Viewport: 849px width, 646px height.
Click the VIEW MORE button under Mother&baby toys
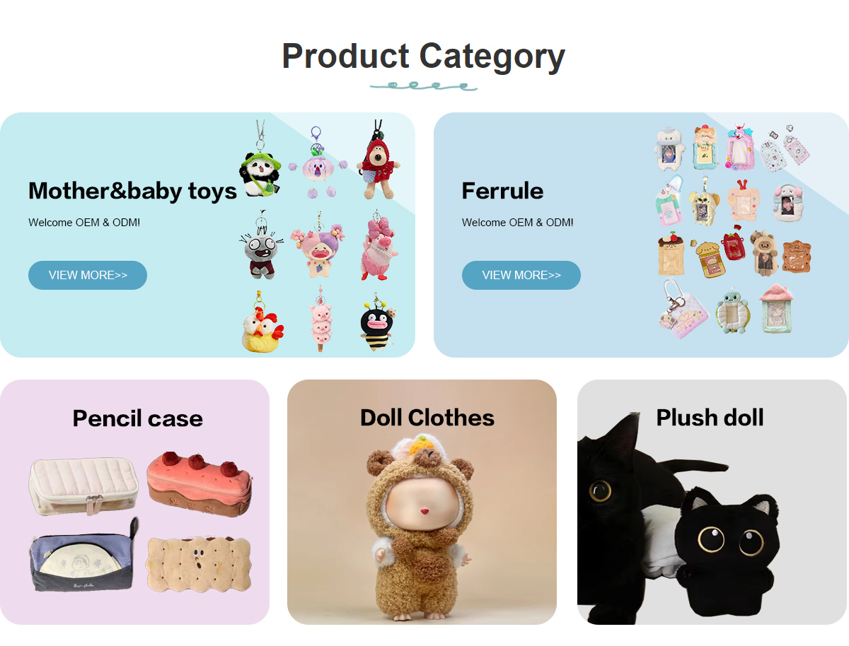pos(88,275)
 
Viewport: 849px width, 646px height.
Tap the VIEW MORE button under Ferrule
pos(521,275)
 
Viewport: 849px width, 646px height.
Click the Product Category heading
pos(424,57)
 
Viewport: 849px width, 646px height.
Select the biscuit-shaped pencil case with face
pos(199,564)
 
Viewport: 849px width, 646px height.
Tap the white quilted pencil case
pos(83,486)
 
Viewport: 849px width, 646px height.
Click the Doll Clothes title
pos(427,418)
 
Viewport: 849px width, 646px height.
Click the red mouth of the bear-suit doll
pos(424,511)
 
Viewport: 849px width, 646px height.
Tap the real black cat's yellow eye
pos(600,491)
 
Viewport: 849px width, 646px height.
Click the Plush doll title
pos(710,418)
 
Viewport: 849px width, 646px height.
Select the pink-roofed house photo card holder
pos(776,308)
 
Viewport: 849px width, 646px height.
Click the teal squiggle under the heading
pos(424,86)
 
